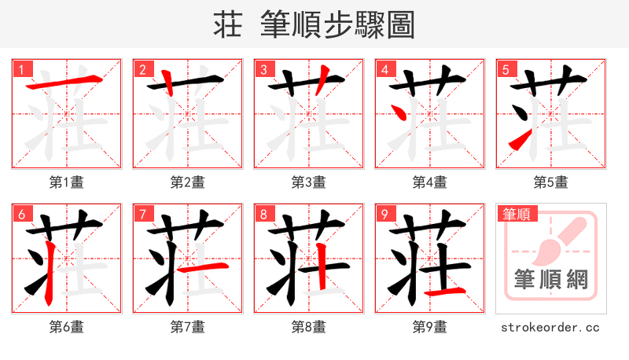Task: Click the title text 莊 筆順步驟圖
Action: [314, 24]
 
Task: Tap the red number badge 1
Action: [22, 70]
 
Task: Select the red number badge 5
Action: [506, 70]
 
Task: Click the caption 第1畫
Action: [66, 182]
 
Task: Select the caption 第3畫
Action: [308, 182]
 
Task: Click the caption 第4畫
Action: [429, 182]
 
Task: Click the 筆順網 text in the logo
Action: [550, 280]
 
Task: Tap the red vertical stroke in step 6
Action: [49, 271]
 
